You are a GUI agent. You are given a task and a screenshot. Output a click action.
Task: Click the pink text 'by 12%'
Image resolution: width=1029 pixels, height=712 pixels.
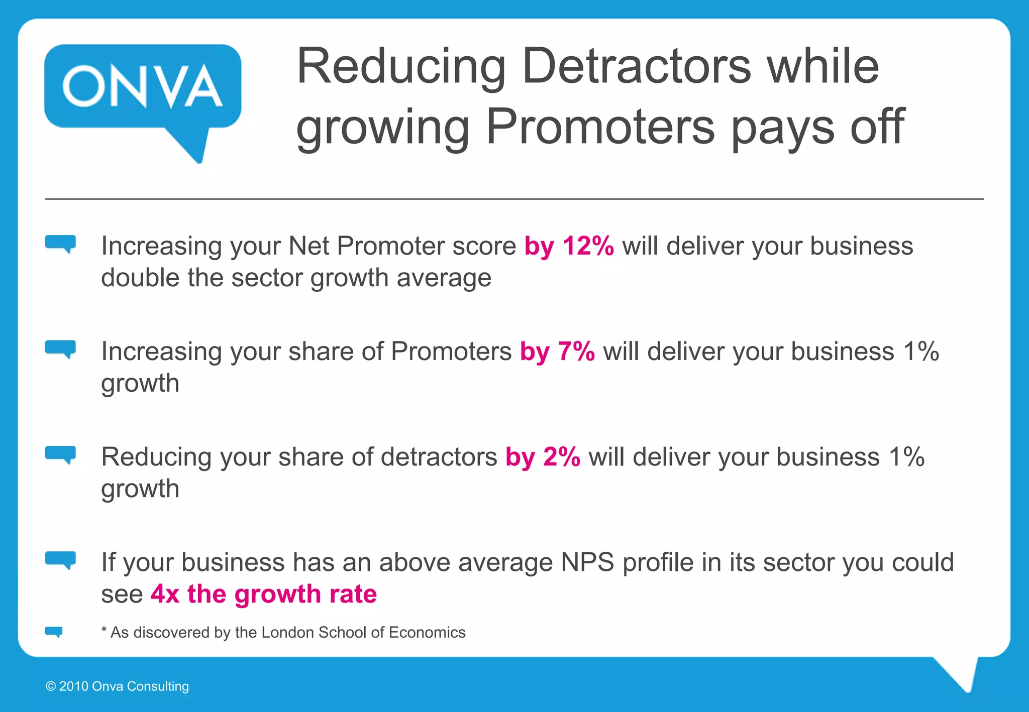coord(569,246)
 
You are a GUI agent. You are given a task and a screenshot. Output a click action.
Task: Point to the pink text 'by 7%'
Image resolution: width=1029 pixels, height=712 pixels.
coord(557,351)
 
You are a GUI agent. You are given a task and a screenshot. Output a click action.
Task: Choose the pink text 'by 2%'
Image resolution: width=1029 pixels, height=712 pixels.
coord(543,457)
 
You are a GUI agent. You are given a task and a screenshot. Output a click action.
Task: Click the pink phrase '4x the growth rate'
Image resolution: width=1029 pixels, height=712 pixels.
coord(264,594)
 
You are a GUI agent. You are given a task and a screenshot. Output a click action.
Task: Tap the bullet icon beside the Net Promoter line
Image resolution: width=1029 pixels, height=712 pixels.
coord(60,244)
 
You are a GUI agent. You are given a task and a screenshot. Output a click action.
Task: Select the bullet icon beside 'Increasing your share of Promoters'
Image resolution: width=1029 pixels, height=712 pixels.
coord(60,349)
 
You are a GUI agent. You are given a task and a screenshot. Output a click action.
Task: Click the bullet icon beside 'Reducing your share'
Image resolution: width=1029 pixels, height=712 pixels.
coord(60,454)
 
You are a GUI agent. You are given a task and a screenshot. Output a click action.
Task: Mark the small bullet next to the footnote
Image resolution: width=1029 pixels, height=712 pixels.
coord(54,632)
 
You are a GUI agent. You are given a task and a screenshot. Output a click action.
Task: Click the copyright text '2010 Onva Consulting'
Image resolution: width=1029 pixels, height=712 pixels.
coord(124,686)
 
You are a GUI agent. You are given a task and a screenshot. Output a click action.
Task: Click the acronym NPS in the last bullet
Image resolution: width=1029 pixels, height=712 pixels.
coord(587,562)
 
